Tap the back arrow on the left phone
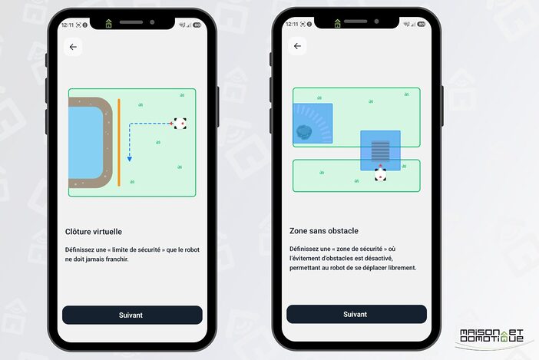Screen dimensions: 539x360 pos(73,47)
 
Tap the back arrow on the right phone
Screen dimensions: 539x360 pos(297,46)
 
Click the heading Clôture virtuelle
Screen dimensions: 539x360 pos(94,232)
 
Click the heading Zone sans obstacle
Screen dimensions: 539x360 pos(324,231)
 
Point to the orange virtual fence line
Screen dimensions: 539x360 pos(119,143)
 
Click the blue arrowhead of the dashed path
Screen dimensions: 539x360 pos(130,159)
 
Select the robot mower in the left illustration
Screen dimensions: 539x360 pos(180,124)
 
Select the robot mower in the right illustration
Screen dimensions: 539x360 pos(380,174)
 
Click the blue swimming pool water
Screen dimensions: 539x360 pos(85,142)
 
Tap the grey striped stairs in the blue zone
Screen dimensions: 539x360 pos(381,150)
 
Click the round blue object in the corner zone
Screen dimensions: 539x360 pos(304,132)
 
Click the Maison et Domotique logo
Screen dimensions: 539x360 pos(491,335)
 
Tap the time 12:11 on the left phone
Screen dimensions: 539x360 pos(68,25)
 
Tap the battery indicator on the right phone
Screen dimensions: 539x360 pos(421,24)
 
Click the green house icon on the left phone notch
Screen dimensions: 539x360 pos(108,23)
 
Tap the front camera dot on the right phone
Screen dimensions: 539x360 pos(376,21)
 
